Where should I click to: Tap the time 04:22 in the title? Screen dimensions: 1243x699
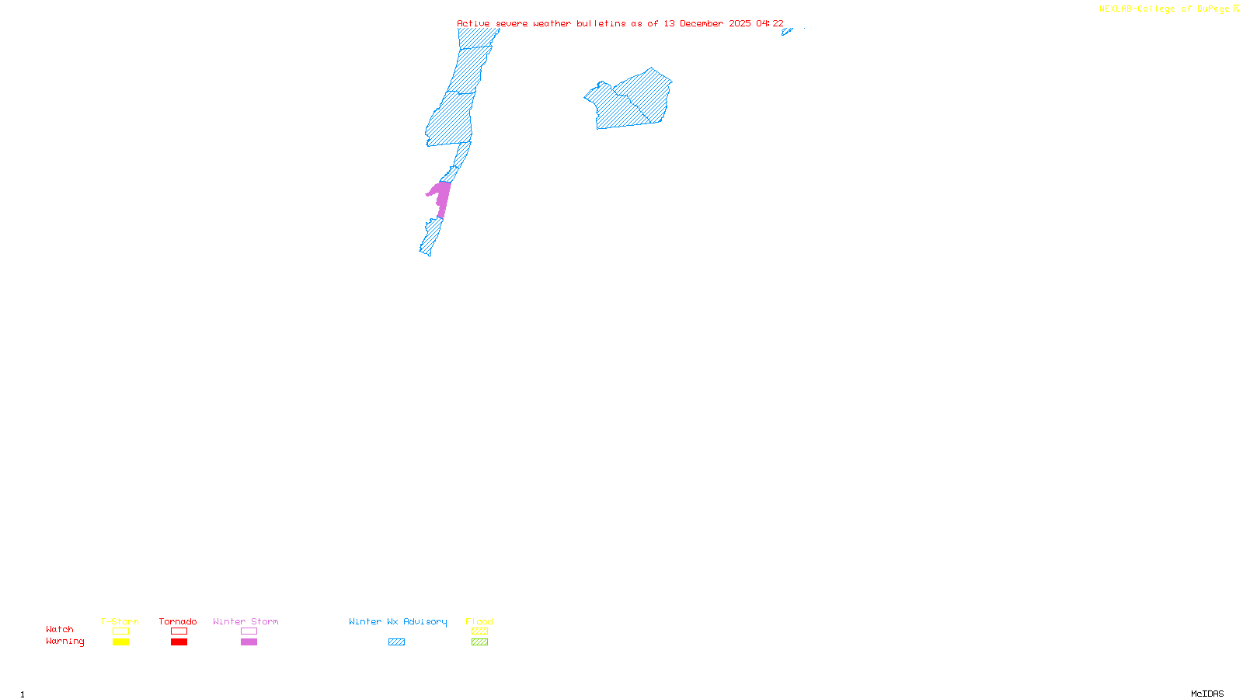(x=770, y=24)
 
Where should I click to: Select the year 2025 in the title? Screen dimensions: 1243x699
(x=740, y=24)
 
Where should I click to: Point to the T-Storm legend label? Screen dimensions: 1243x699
(x=120, y=621)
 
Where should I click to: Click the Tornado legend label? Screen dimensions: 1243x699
(x=178, y=621)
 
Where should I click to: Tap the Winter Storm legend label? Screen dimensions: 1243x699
(x=245, y=621)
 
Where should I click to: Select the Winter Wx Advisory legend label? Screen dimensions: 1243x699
(x=398, y=621)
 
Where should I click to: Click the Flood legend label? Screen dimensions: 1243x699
(x=479, y=621)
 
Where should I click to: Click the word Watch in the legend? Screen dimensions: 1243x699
(x=60, y=629)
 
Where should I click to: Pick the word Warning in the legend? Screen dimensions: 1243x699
(x=65, y=642)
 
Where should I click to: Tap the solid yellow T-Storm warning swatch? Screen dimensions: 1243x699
(x=120, y=642)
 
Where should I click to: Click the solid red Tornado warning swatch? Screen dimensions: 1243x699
(x=179, y=642)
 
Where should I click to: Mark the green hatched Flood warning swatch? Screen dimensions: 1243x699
(x=480, y=642)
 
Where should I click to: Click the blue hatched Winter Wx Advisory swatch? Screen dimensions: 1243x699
(x=396, y=642)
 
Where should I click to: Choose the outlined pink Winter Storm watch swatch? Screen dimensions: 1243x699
(x=249, y=631)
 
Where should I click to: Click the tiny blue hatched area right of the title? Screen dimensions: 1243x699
(x=786, y=32)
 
